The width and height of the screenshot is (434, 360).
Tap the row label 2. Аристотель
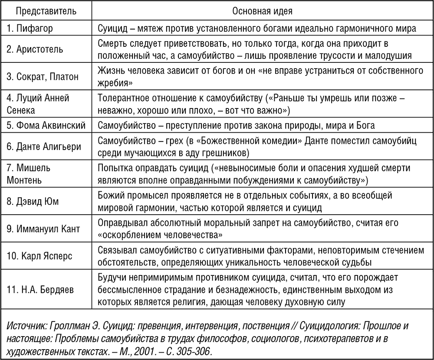tap(35, 49)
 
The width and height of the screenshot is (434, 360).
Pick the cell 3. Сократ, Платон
tap(42, 77)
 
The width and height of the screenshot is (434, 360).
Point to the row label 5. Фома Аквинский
tap(46, 126)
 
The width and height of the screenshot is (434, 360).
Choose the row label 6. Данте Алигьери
tap(43, 146)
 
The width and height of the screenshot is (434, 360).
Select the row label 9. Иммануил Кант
tap(43, 229)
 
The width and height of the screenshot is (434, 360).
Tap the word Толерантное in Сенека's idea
tap(125, 98)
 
